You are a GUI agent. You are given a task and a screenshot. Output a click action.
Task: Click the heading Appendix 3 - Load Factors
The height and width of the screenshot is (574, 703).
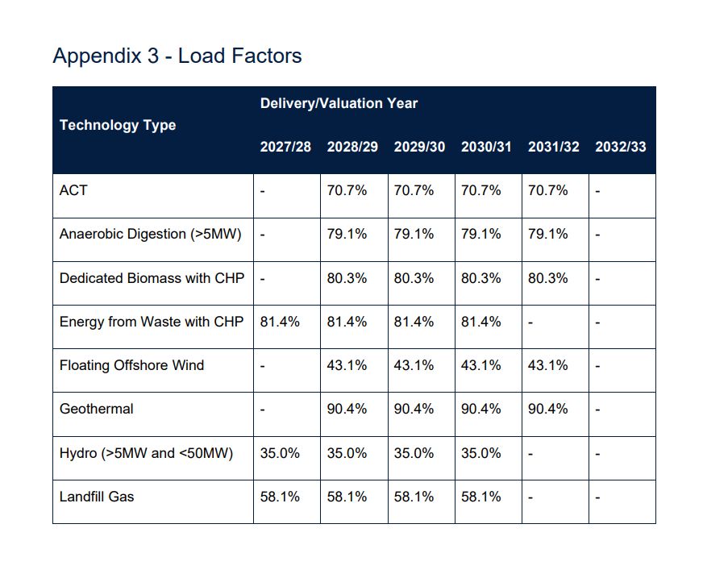pyautogui.click(x=177, y=56)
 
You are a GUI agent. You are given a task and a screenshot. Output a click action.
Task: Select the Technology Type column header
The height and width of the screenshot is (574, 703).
pyautogui.click(x=118, y=125)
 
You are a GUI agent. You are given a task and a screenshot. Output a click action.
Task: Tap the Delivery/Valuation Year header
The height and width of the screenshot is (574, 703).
pyautogui.click(x=339, y=103)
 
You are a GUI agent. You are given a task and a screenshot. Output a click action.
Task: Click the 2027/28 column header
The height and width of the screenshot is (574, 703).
pyautogui.click(x=285, y=148)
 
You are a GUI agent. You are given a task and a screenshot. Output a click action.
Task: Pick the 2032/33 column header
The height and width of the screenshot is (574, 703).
pyautogui.click(x=621, y=148)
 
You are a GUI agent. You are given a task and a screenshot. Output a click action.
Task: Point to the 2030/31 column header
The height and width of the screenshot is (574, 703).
pyautogui.click(x=486, y=148)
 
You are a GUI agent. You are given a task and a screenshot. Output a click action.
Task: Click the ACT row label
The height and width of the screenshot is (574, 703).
pyautogui.click(x=73, y=190)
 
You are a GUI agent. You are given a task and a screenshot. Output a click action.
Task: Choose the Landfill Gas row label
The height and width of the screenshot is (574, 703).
pyautogui.click(x=97, y=497)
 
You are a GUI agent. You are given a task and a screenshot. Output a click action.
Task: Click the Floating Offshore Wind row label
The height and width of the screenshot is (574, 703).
pyautogui.click(x=131, y=365)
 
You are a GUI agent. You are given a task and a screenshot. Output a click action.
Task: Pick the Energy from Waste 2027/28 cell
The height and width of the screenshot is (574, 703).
pyautogui.click(x=280, y=322)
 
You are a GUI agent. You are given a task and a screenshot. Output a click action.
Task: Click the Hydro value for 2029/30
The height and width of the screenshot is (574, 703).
pyautogui.click(x=414, y=453)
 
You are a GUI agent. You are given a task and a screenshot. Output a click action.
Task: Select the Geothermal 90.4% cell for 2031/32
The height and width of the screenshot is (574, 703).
pyautogui.click(x=548, y=409)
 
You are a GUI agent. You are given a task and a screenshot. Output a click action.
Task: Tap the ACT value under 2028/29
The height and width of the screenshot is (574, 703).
pyautogui.click(x=347, y=190)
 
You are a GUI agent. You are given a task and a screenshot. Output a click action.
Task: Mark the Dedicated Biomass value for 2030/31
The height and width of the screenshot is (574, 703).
pyautogui.click(x=480, y=278)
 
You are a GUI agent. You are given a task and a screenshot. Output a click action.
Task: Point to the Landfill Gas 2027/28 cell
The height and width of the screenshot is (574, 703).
pyautogui.click(x=280, y=497)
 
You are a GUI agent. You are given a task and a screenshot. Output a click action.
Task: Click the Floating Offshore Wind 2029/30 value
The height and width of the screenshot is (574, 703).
pyautogui.click(x=414, y=365)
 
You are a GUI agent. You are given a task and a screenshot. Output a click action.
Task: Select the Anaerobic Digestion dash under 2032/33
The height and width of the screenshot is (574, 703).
pyautogui.click(x=597, y=235)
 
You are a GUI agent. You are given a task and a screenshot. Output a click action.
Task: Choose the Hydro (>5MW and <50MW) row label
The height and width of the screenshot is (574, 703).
pyautogui.click(x=146, y=453)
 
